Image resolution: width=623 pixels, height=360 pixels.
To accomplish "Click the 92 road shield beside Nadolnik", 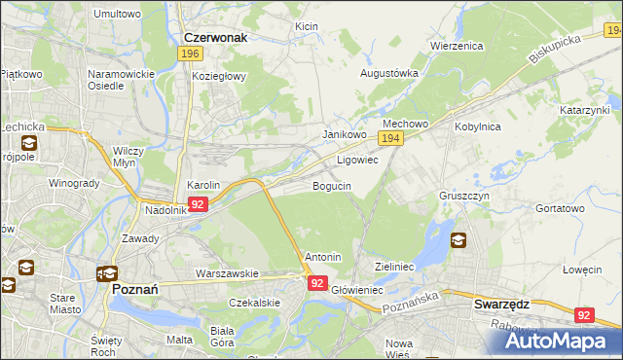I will tap(198, 204).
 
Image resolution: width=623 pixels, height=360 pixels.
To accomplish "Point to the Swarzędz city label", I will tap(501, 304).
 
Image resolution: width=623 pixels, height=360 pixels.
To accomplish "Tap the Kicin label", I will tap(307, 27).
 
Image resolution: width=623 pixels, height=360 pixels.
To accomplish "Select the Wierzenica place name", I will tap(458, 45).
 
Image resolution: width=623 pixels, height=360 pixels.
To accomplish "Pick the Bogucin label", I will tap(331, 185).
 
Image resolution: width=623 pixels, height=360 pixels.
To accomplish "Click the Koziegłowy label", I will tap(220, 76).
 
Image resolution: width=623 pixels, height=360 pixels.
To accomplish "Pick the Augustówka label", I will tap(389, 73).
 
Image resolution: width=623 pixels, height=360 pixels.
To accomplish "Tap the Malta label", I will tap(179, 340).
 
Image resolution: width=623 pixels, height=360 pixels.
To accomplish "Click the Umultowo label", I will tap(116, 15).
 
